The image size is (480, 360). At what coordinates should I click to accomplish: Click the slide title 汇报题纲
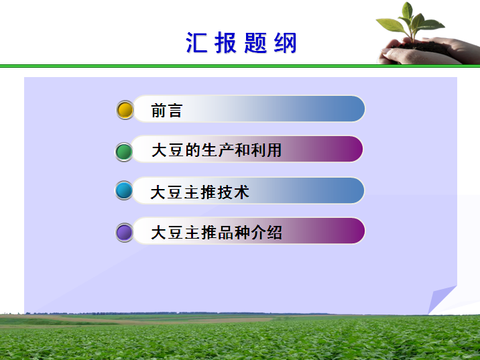[x=241, y=43]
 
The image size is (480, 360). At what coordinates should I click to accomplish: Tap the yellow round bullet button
[x=125, y=110]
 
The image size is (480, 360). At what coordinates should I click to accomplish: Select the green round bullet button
[x=124, y=152]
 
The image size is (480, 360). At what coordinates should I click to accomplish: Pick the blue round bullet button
[x=124, y=190]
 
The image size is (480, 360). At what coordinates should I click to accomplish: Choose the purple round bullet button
[x=124, y=233]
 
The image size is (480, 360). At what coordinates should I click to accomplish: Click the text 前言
[x=167, y=110]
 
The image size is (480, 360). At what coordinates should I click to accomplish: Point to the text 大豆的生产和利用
[x=217, y=150]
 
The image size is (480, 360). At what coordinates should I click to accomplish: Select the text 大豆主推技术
[x=200, y=192]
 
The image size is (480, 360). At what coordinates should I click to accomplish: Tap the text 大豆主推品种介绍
[x=217, y=233]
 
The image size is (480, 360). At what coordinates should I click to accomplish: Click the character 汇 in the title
[x=196, y=43]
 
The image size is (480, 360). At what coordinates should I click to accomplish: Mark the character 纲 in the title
[x=286, y=43]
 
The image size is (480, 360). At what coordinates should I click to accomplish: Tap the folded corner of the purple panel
[x=441, y=300]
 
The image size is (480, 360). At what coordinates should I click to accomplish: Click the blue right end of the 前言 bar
[x=352, y=109]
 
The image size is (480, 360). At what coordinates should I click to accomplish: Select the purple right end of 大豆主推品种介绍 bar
[x=352, y=231]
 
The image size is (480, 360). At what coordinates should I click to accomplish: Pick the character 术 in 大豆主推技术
[x=241, y=192]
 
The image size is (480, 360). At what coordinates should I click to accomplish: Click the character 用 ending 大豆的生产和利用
[x=274, y=150]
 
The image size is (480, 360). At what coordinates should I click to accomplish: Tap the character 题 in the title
[x=255, y=43]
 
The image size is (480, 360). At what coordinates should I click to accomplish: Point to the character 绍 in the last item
[x=274, y=233]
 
